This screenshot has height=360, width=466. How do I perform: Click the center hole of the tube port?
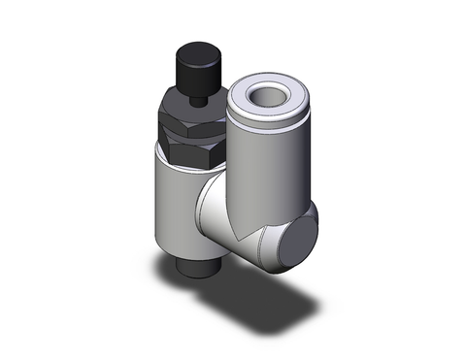[265, 95]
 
